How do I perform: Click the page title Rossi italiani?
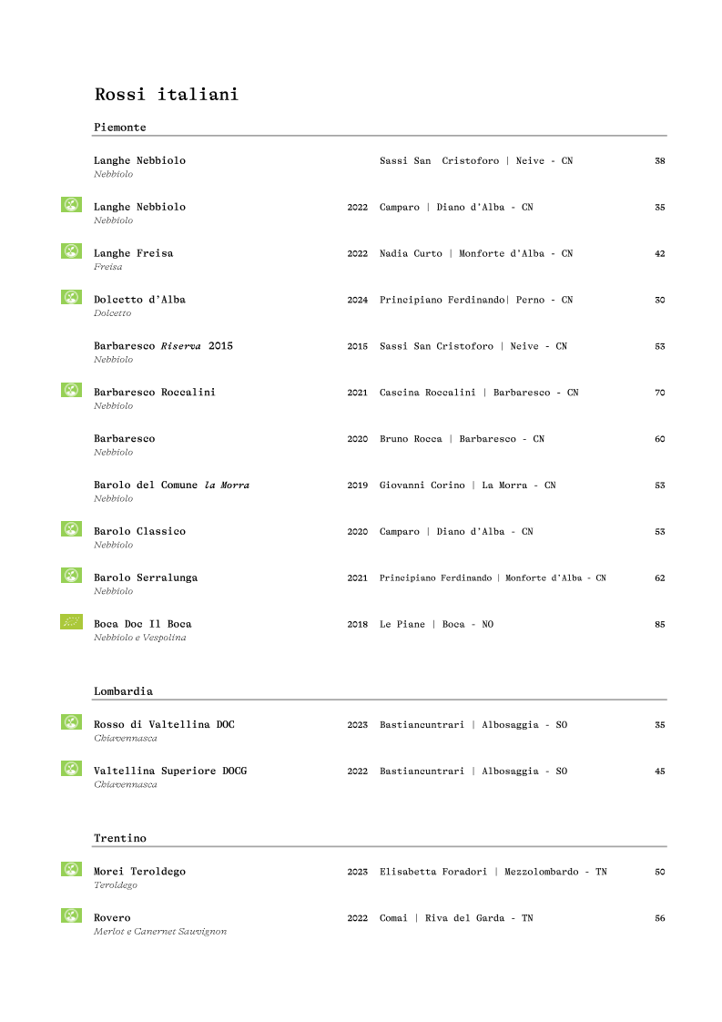[x=166, y=95]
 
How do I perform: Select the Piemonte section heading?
[x=119, y=128]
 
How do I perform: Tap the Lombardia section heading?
[x=123, y=691]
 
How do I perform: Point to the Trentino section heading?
[x=119, y=838]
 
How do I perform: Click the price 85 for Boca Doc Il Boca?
[x=659, y=625]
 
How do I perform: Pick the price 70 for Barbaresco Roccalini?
[x=659, y=393]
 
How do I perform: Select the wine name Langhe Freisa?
[x=133, y=253]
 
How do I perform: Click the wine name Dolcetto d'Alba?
[x=139, y=300]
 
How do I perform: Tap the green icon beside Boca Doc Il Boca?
[x=71, y=622]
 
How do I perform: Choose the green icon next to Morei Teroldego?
[x=71, y=869]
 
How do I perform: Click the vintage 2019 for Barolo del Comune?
[x=357, y=485]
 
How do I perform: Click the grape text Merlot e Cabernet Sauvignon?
[x=159, y=932]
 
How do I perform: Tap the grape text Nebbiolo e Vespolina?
[x=139, y=638]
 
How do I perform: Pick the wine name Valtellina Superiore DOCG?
[x=169, y=772]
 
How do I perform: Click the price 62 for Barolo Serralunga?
[x=659, y=578]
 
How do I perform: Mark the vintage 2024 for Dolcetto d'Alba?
[x=357, y=300]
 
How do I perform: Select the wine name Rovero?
[x=112, y=918]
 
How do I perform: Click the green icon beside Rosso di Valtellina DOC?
[x=71, y=722]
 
